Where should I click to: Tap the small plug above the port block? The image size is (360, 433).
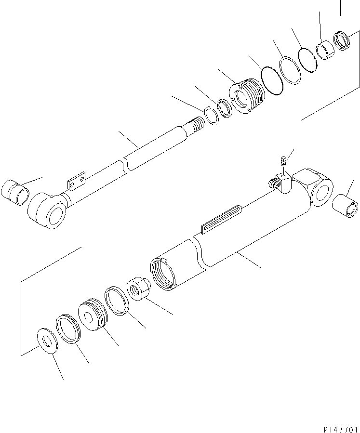(x=282, y=161)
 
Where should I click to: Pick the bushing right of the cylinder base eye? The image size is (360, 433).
(x=346, y=206)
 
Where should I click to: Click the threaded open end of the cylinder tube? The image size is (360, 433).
(x=163, y=274)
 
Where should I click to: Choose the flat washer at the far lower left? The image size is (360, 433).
(x=47, y=341)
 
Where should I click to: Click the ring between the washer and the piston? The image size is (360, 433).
(x=68, y=328)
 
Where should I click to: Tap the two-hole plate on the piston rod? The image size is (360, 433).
(x=77, y=181)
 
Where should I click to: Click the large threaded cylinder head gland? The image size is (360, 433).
(x=246, y=95)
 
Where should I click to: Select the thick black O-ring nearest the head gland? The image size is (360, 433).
(x=272, y=80)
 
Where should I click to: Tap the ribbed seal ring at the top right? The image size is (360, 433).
(x=342, y=41)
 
